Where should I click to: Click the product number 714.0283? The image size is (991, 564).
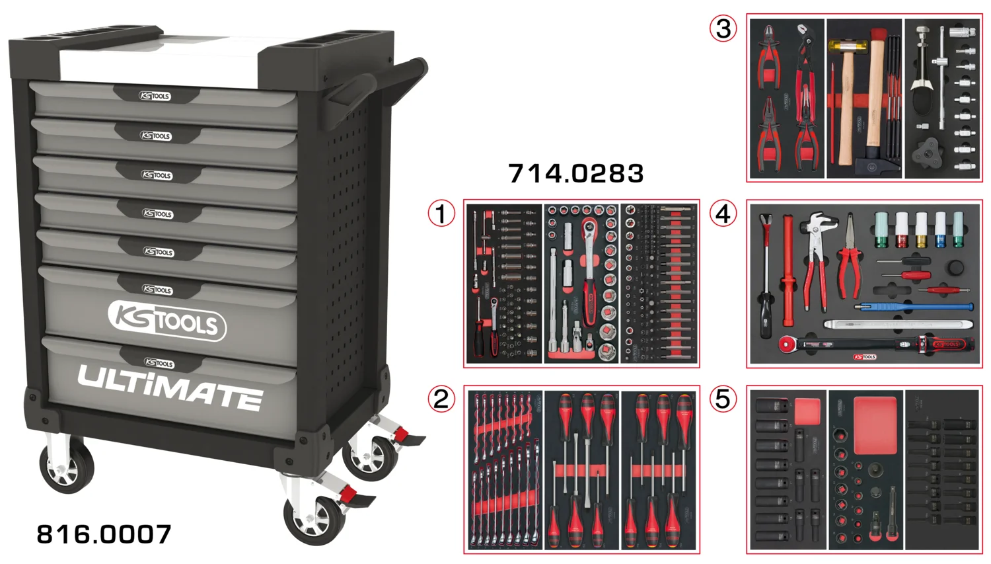pyautogui.click(x=575, y=174)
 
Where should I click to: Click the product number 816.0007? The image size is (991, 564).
pyautogui.click(x=104, y=534)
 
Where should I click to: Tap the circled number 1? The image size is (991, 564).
pyautogui.click(x=441, y=214)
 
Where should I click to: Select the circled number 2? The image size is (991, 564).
pyautogui.click(x=441, y=399)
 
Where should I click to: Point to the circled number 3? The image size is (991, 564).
pyautogui.click(x=723, y=28)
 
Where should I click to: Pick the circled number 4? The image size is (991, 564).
pyautogui.click(x=723, y=214)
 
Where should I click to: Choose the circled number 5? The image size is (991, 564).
pyautogui.click(x=723, y=399)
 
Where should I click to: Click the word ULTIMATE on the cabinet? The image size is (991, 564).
pyautogui.click(x=170, y=387)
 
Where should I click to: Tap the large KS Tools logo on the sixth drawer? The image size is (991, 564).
pyautogui.click(x=166, y=321)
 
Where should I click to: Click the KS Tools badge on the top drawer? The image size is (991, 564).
pyautogui.click(x=155, y=96)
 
